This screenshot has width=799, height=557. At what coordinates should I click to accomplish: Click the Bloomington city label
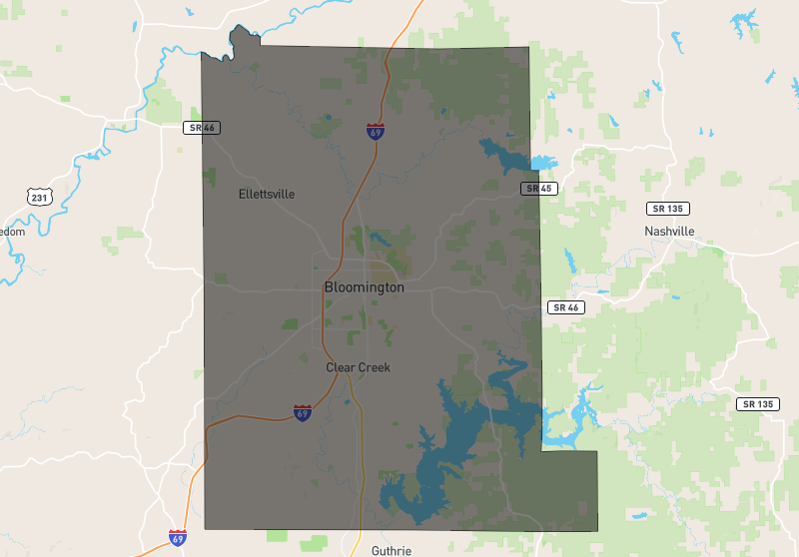click(364, 287)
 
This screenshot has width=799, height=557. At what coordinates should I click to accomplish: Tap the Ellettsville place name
click(267, 194)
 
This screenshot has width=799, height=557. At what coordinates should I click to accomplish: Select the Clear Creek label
click(358, 367)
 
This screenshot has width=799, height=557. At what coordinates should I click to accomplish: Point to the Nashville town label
click(669, 231)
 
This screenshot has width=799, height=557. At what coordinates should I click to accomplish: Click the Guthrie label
click(391, 550)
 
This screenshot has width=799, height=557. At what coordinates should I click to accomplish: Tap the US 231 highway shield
click(39, 197)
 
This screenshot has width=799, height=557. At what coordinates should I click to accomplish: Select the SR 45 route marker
click(536, 188)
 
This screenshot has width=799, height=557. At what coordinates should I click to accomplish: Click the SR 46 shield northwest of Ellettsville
click(201, 128)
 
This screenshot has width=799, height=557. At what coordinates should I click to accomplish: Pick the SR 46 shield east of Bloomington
click(565, 307)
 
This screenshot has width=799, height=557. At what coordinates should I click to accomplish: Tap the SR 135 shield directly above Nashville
click(669, 208)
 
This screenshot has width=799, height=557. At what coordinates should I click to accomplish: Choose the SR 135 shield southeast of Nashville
click(758, 404)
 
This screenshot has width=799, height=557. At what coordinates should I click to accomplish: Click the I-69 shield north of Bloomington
click(375, 131)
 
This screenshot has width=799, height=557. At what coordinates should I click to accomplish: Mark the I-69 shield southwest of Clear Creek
click(302, 411)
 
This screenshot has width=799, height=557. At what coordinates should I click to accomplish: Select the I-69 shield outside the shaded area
click(178, 537)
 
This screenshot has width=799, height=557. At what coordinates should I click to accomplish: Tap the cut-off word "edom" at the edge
click(11, 232)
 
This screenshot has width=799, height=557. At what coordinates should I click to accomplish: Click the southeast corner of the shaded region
click(597, 530)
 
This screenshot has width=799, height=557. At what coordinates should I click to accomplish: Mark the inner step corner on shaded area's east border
click(543, 451)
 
